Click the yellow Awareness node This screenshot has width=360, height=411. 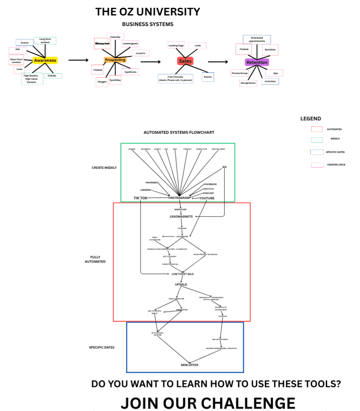pyautogui.click(x=45, y=60)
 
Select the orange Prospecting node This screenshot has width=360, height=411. pyautogui.click(x=115, y=60)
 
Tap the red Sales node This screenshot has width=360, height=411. pyautogui.click(x=185, y=61)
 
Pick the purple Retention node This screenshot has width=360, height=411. pyautogui.click(x=257, y=62)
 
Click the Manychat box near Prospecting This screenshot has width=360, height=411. pyautogui.click(x=102, y=43)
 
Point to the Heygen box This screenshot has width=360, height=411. pyautogui.click(x=102, y=82)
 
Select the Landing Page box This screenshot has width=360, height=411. pyautogui.click(x=176, y=46)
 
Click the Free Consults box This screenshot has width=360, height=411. pyautogui.click(x=175, y=78)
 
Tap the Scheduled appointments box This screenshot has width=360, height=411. pyautogui.click(x=257, y=39)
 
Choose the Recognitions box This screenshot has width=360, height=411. pyautogui.click(x=248, y=83)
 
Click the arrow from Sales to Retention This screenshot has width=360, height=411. pyautogui.click(x=218, y=62)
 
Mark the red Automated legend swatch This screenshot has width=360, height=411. pyautogui.click(x=317, y=129)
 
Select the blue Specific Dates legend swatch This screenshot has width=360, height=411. pyautogui.click(x=317, y=152)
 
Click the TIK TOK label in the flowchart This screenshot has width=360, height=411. pyautogui.click(x=141, y=198)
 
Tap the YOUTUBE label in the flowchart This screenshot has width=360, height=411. pyautogui.click(x=207, y=198)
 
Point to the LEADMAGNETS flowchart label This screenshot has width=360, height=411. pyautogui.click(x=181, y=217)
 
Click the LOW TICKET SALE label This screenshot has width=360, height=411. pyautogui.click(x=182, y=274)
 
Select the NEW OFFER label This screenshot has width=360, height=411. pyautogui.click(x=189, y=365)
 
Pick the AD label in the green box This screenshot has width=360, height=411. pyautogui.click(x=224, y=167)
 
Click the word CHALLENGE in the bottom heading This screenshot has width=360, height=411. pyautogui.click(x=248, y=403)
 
